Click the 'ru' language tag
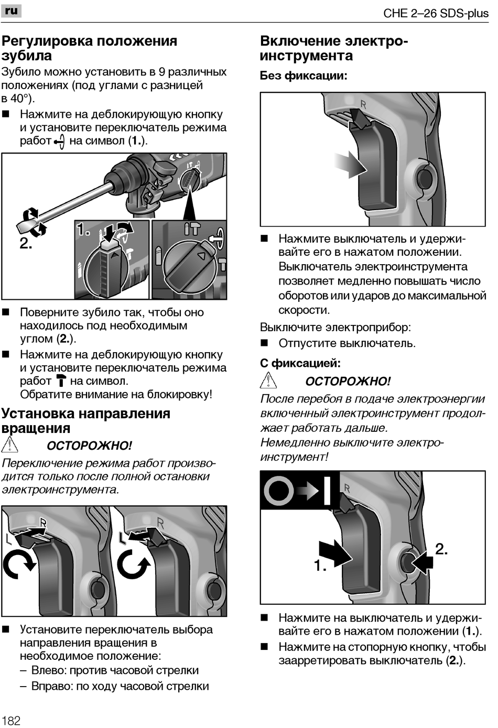pos(12,10)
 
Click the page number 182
pos(11,720)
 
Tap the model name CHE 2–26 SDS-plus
pos(436,13)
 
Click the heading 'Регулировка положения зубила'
pos(89,48)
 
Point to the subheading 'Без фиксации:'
pos(304,75)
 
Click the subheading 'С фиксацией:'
pos(300,363)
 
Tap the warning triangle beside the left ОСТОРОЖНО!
pos(9,445)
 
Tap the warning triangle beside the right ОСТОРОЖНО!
pos(268,380)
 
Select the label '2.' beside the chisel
pos(26,244)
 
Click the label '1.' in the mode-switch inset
pos(83,230)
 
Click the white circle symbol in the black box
pos(278,491)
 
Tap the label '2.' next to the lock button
pos(441,549)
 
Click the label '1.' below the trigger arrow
pos(320,566)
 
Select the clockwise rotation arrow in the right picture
pos(133,564)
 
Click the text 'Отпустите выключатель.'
pos(347,343)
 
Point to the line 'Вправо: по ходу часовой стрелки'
pos(120,686)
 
